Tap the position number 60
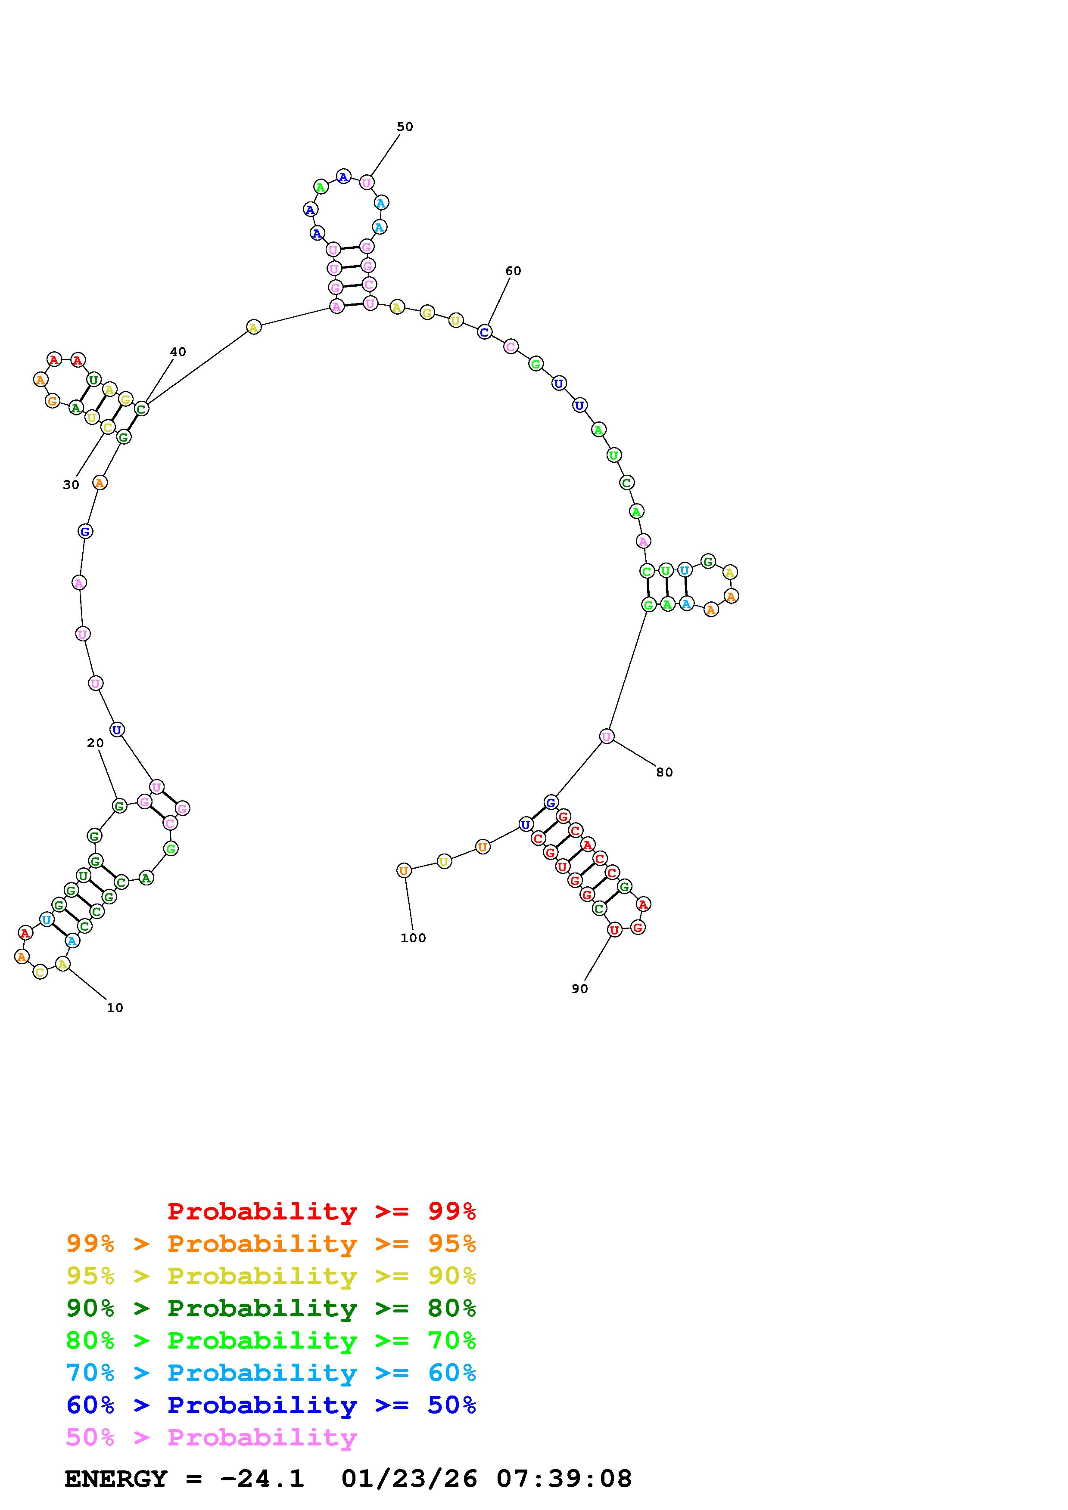513,270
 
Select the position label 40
177,351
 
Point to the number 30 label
71,485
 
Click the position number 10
115,1008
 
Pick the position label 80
665,772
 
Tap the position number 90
580,988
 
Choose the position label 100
413,938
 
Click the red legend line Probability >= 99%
322,1211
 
